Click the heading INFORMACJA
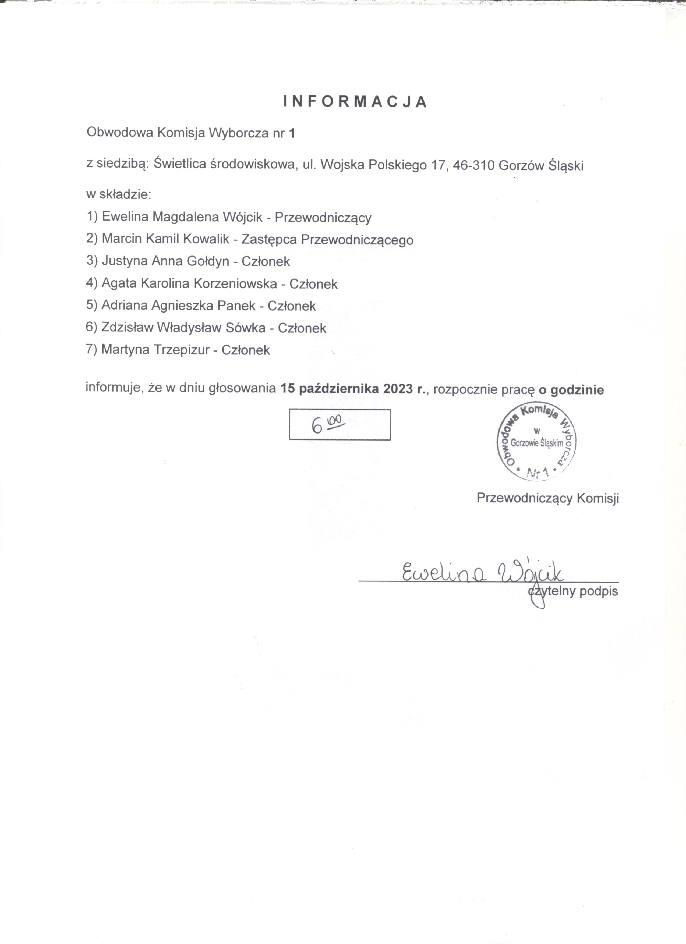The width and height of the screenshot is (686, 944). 355,102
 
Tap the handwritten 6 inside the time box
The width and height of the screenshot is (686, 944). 317,426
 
